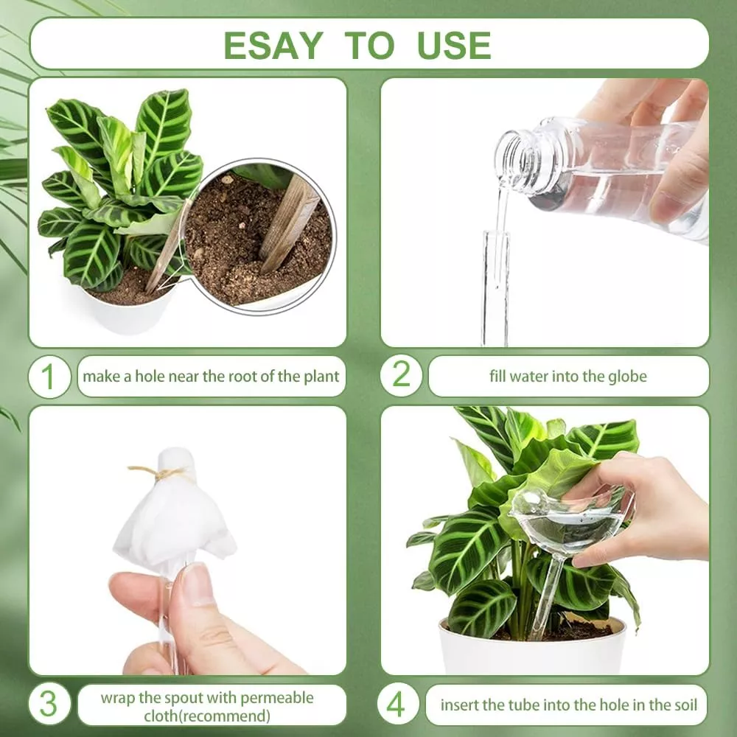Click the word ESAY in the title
[x=273, y=45]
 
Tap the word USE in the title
[x=453, y=45]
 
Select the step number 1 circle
[x=49, y=377]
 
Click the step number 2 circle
[x=401, y=374]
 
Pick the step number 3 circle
[x=49, y=703]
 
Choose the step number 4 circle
[x=397, y=704]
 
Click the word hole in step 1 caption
[x=150, y=377]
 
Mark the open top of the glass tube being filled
[x=496, y=234]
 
